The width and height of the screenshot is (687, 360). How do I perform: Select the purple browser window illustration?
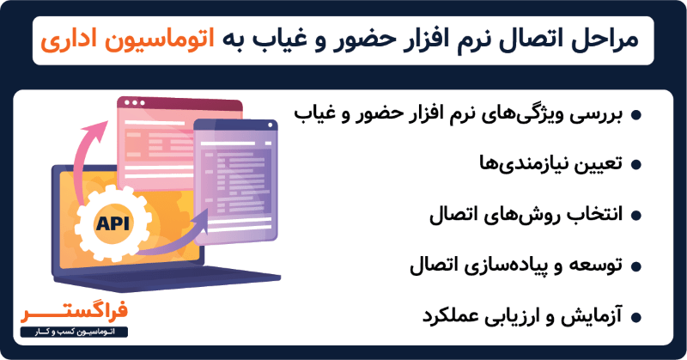click(235, 180)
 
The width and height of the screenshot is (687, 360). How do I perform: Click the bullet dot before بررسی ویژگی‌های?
click(636, 115)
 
